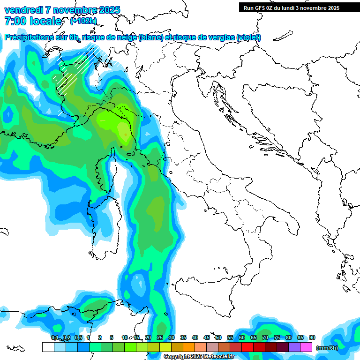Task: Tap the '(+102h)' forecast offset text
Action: tap(83, 21)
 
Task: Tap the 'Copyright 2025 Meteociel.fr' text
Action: tap(199, 357)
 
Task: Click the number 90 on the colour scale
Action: tap(312, 338)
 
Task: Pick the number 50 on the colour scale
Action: tap(218, 338)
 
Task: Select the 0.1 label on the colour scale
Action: tap(54, 338)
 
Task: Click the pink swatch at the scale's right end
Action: tap(306, 347)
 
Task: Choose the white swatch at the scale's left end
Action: tap(48, 347)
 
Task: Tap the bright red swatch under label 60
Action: tap(247, 347)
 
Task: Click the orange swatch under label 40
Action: tap(189, 347)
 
